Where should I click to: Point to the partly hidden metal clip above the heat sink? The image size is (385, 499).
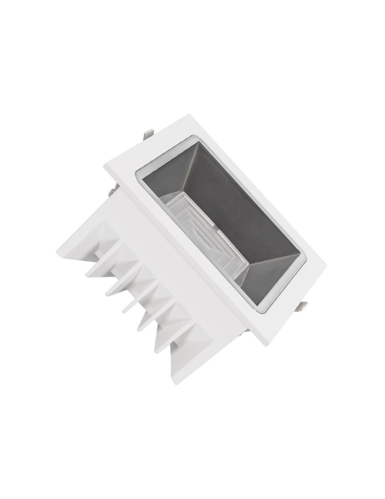click(x=114, y=190)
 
